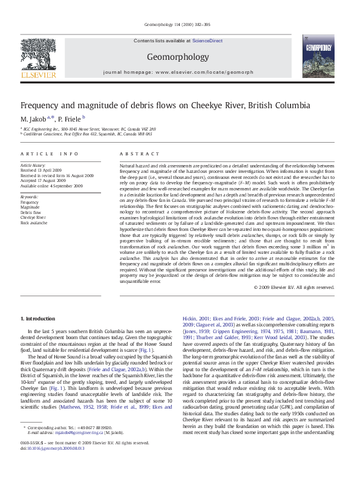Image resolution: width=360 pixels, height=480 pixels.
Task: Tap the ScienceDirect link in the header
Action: click(208, 41)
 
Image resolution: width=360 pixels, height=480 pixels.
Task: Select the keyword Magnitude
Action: click(31, 207)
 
